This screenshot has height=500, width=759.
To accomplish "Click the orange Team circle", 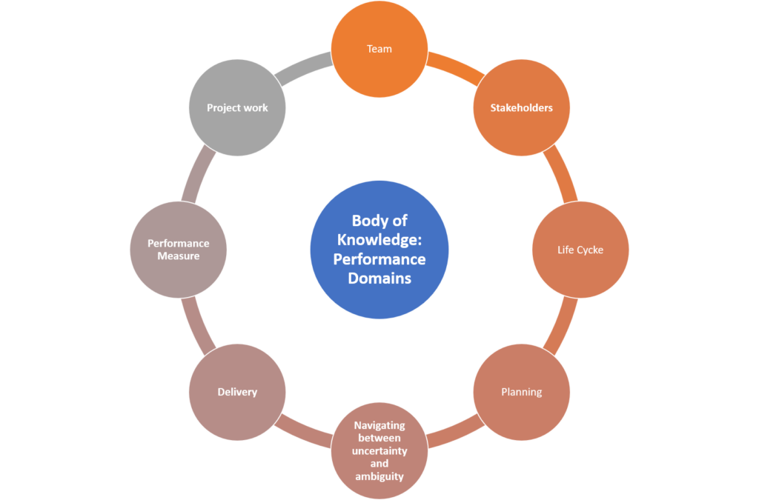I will pos(379,49).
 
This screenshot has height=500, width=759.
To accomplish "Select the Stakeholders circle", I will pos(521,108).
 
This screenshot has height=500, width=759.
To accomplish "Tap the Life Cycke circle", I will pos(580,250).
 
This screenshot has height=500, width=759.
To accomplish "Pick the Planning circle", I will pos(521,392).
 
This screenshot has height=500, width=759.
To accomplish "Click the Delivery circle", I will pos(237,392).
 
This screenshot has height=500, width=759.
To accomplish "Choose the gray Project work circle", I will pos(237,108).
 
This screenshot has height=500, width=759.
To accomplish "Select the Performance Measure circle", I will pos(178,250).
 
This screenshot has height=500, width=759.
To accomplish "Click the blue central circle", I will pos(379,250).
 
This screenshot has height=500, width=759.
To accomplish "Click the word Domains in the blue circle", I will pos(379,279).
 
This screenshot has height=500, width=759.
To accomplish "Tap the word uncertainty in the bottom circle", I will pos(379,451).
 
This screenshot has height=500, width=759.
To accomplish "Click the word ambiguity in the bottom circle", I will pos(379,476).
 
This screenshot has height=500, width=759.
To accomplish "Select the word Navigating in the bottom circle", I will pos(379,426).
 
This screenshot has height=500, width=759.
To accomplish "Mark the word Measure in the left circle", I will pos(178,256).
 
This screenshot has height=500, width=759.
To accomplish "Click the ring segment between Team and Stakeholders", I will pos(454,64).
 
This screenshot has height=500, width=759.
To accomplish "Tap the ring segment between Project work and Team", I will pos(303,64).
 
